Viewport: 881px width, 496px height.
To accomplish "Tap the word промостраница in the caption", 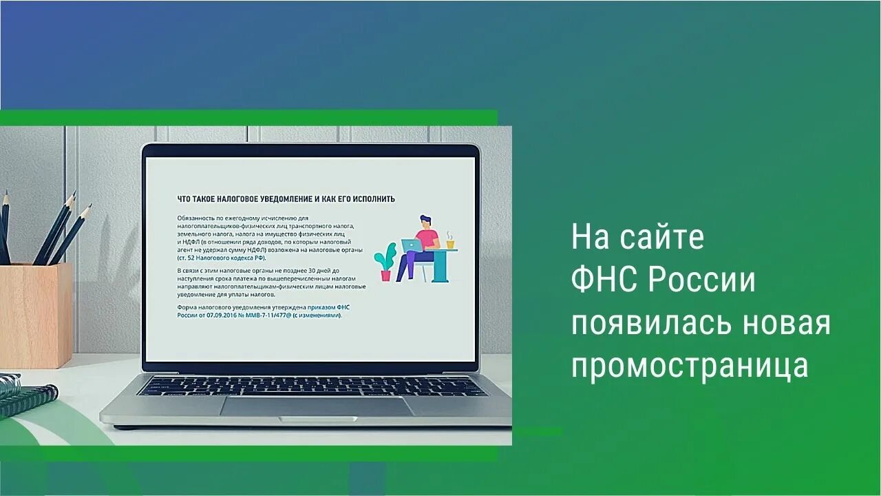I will (x=690, y=366).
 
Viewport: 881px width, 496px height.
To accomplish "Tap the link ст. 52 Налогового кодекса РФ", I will (x=221, y=257).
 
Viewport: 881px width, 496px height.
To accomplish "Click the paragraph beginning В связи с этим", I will (x=270, y=282).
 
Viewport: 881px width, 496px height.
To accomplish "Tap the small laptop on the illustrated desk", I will (x=412, y=245).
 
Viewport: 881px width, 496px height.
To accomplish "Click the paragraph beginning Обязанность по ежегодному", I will (x=265, y=238).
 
